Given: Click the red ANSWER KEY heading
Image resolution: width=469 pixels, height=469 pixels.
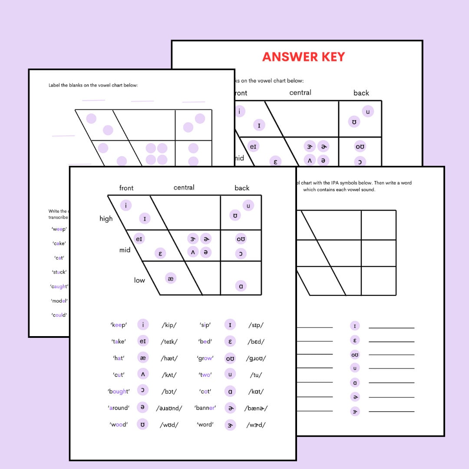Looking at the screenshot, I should coord(304,57).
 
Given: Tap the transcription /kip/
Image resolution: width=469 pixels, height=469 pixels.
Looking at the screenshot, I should coord(169,325).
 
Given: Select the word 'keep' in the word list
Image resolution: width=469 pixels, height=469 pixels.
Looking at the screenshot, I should coord(119,325).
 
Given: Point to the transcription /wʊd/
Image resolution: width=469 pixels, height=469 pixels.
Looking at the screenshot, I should coord(169,425).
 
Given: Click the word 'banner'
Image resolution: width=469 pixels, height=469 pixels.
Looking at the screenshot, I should coord(205,408).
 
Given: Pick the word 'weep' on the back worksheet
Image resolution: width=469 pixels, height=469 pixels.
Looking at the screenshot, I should coord(59,229).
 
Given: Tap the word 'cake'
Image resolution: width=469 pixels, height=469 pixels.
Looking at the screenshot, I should coord(59,244).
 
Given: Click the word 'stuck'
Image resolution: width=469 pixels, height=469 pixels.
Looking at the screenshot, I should coord(59,272).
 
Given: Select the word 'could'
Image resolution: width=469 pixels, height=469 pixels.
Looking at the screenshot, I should coord(59,315).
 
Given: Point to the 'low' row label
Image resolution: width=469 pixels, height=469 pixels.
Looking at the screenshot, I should coord(139,281).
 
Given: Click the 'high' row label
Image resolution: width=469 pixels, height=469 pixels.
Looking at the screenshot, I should coord(106,219).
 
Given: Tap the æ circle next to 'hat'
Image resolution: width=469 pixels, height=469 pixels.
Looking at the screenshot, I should coord(143,358).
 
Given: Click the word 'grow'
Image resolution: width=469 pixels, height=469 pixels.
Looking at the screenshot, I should coord(205,358).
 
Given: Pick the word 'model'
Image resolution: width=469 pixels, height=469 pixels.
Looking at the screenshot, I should coord(59,301).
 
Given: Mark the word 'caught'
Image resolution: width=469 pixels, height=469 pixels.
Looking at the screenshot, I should coord(59,287).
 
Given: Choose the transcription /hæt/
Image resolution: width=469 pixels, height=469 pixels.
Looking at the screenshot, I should coord(169,358).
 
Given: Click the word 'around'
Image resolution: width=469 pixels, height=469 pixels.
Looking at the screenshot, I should coord(118,408).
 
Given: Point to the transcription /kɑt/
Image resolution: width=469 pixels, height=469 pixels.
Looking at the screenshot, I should coord(256,391).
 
